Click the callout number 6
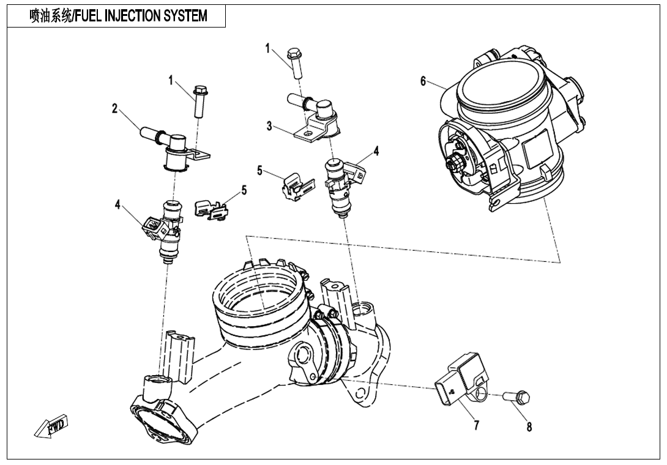423,82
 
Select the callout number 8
529,427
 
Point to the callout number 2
114,108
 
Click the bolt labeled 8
518,398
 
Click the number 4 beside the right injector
376,151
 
